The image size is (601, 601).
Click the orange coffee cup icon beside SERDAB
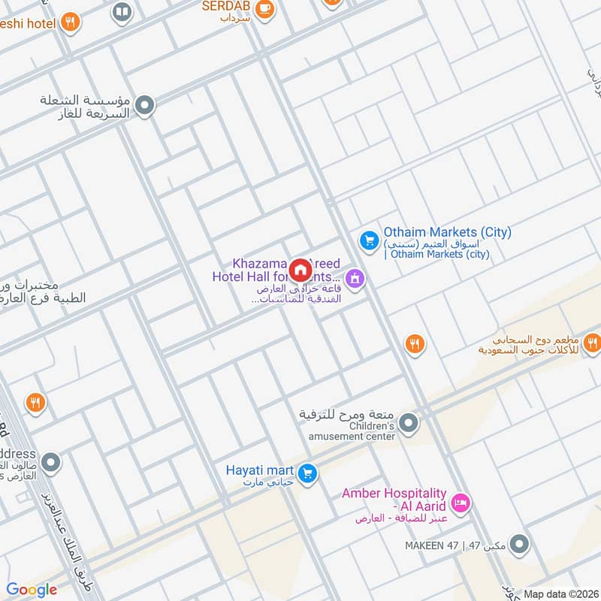point(264,8)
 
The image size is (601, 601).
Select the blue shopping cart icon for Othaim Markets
point(368,240)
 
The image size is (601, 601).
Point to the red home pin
point(300,270)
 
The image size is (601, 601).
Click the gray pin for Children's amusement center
point(408,424)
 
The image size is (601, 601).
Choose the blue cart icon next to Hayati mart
point(307,473)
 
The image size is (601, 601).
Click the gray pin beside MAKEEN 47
point(518,543)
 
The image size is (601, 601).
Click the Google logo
point(32,590)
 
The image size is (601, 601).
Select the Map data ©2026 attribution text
point(560,593)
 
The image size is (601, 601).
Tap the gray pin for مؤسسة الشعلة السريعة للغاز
point(145,105)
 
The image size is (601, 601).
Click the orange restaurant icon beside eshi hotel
point(71,23)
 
